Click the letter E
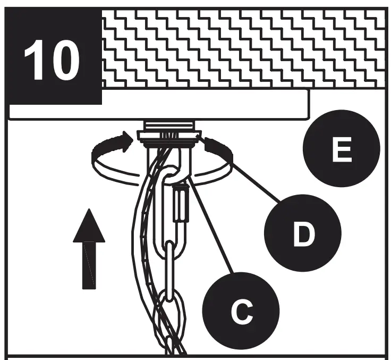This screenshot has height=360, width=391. click(x=341, y=150)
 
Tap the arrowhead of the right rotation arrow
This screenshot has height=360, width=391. click(x=210, y=143)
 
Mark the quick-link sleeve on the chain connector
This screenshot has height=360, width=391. click(x=181, y=205)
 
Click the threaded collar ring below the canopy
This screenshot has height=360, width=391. click(x=169, y=135)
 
